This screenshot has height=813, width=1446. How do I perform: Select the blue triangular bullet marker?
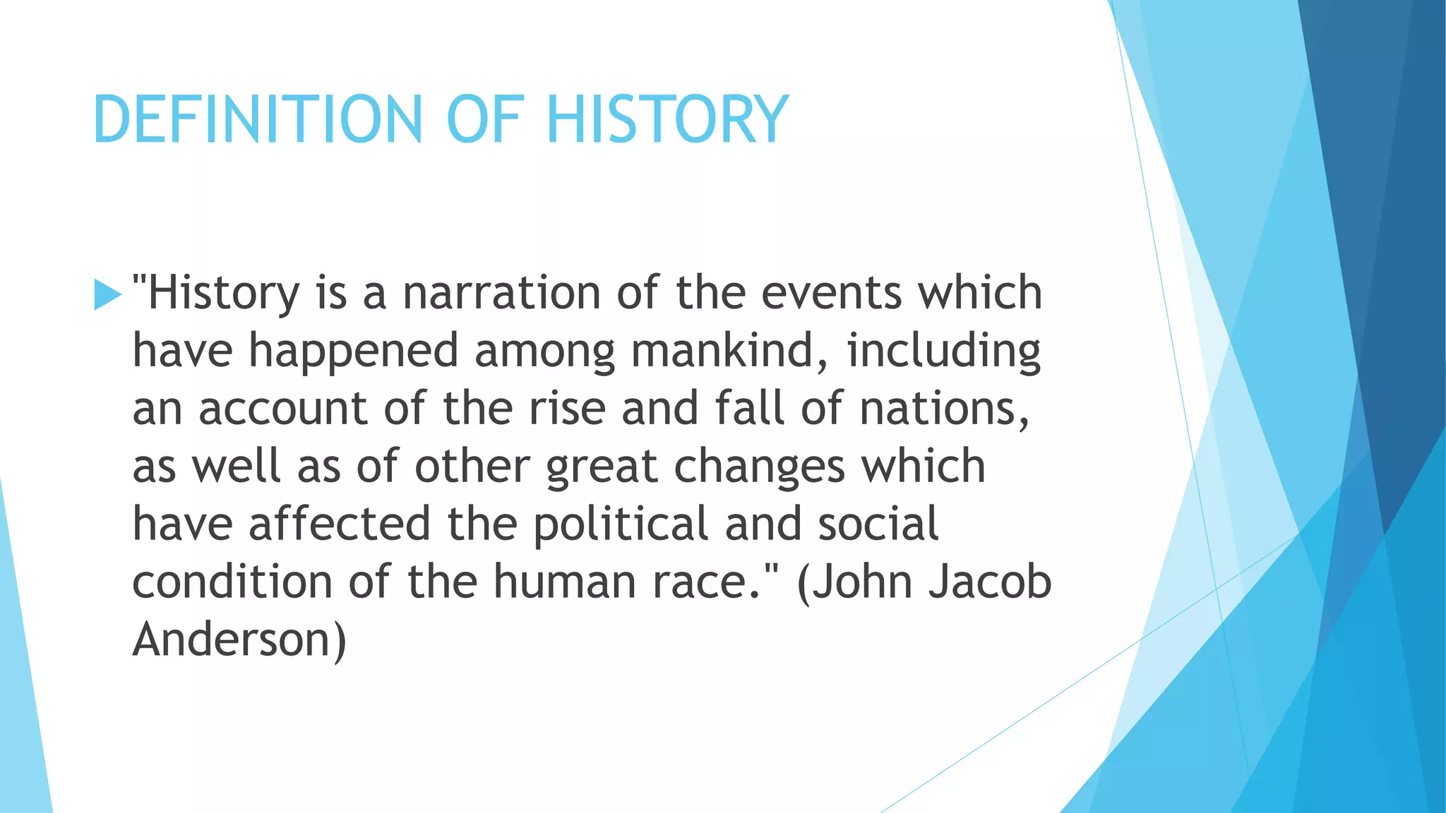[x=107, y=295]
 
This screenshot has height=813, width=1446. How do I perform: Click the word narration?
[x=501, y=293]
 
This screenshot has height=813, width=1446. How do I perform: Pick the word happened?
[x=353, y=351]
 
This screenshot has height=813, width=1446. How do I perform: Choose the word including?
[x=943, y=351]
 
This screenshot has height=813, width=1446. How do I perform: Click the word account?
[x=282, y=409]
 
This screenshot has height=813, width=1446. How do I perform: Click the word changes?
[x=759, y=466]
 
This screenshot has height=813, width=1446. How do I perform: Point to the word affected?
[x=340, y=524]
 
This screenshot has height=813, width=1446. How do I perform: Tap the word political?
[x=621, y=524]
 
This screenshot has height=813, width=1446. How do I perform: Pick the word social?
[x=878, y=524]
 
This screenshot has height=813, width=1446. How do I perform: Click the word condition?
[x=232, y=582]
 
